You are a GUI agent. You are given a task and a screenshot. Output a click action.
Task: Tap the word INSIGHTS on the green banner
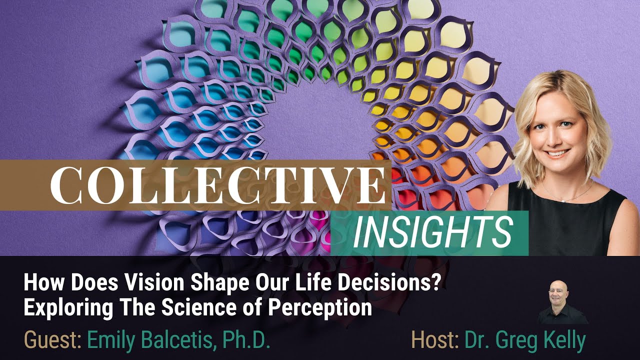point(432,233)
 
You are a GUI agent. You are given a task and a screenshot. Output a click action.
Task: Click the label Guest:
point(53,340)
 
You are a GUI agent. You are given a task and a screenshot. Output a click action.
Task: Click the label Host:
point(435,340)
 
